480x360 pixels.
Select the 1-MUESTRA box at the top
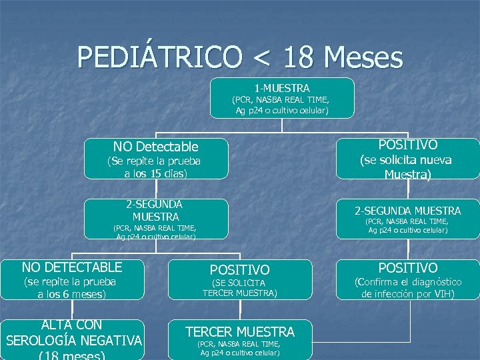pyautogui.click(x=282, y=97)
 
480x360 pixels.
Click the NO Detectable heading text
pyautogui.click(x=155, y=147)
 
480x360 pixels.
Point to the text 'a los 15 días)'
pyautogui.click(x=155, y=173)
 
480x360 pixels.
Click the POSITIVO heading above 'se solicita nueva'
pyautogui.click(x=407, y=145)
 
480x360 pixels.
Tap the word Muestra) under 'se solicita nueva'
pyautogui.click(x=407, y=175)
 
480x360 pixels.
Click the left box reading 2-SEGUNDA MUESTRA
pyautogui.click(x=155, y=210)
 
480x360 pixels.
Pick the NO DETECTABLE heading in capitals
pyautogui.click(x=72, y=267)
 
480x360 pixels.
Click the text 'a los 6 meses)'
pyautogui.click(x=72, y=294)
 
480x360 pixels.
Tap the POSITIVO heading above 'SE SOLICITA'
pyautogui.click(x=239, y=270)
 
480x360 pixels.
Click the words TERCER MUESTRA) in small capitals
pyautogui.click(x=239, y=293)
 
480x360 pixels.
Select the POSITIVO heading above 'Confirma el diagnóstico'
pyautogui.click(x=407, y=267)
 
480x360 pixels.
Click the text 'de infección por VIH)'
pyautogui.click(x=407, y=294)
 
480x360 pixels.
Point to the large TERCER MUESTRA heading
pyautogui.click(x=239, y=331)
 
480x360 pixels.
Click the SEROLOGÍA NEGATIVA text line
pyautogui.click(x=73, y=341)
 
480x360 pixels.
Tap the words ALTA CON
pyautogui.click(x=72, y=325)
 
